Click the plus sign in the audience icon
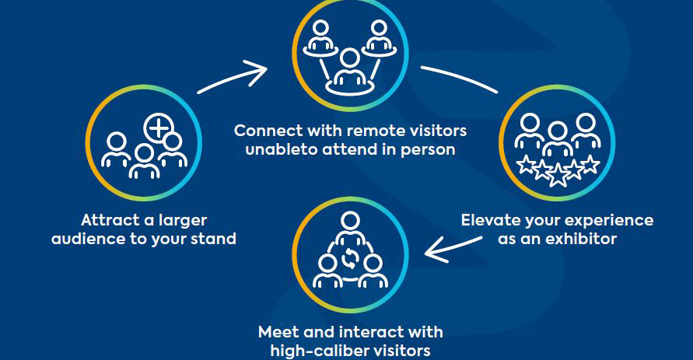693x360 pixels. point(160,127)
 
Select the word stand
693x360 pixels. point(211,238)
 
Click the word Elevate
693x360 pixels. point(492,220)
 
